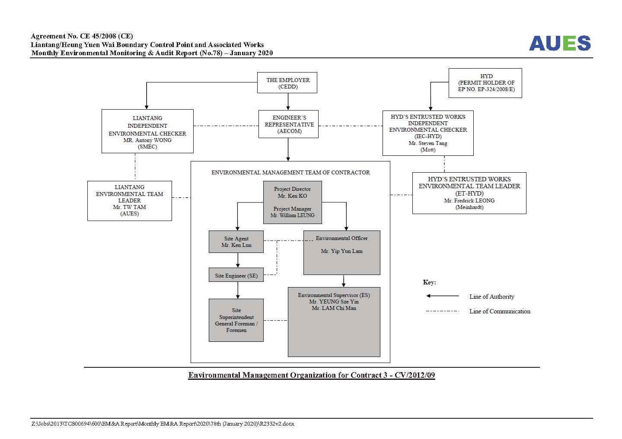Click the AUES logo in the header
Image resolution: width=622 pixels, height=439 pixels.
pos(560,43)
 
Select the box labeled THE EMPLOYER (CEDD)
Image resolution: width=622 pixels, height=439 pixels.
pos(287,82)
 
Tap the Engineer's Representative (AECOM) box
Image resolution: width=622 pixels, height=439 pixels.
pos(288,124)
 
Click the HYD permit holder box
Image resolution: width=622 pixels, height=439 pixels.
pos(485,83)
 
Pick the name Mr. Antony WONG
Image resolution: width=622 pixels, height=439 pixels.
pos(147,140)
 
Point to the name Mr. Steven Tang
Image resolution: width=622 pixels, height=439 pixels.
pos(428,143)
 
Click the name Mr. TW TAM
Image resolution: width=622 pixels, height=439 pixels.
pos(129,207)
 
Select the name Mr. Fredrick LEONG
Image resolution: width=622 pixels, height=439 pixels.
pos(469,200)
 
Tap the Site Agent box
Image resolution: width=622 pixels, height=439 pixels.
pos(236,242)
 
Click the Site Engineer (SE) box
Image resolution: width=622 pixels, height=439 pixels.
pos(236,275)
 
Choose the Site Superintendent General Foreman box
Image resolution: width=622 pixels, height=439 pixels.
pos(236,320)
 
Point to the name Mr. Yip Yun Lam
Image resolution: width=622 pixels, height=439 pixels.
pos(341,251)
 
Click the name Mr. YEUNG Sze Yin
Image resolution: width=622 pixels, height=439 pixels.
pos(334,301)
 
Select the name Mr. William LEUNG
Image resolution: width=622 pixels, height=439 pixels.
pos(292,215)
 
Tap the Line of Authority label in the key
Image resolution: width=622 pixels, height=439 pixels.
pos(492,297)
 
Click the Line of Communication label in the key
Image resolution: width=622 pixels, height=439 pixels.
pos(500,311)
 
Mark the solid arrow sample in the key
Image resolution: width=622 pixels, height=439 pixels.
pos(442,296)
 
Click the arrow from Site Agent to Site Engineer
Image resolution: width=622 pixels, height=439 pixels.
pos(238,260)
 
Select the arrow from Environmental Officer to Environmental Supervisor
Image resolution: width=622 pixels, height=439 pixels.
pos(344,281)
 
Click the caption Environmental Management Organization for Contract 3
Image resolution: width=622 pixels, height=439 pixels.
pos(312,375)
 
